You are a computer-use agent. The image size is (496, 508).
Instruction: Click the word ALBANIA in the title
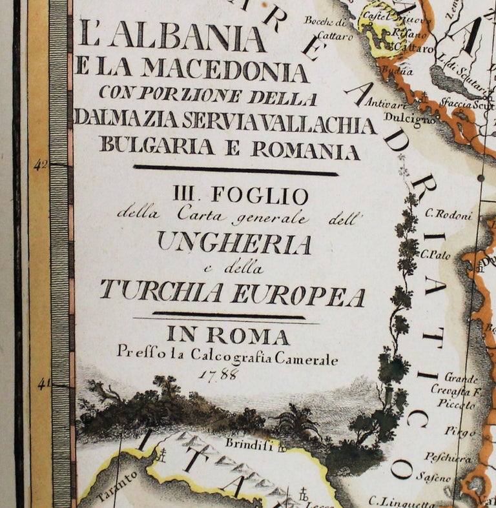[x=188, y=38]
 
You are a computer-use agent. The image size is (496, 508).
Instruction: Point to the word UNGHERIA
[x=234, y=244]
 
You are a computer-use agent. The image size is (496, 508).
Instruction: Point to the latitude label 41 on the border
[x=42, y=385]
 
